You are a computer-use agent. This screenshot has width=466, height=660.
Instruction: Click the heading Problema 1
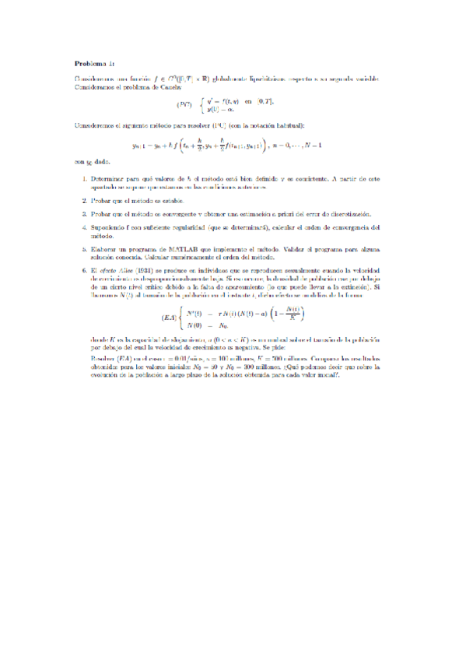[x=94, y=63]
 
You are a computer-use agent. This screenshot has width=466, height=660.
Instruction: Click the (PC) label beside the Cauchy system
[x=184, y=104]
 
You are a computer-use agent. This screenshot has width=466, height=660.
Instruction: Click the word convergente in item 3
[x=184, y=213]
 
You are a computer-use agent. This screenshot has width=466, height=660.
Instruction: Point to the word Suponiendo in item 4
[x=108, y=227]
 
